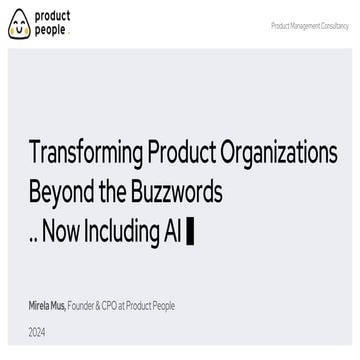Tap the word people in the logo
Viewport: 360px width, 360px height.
coord(51,31)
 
